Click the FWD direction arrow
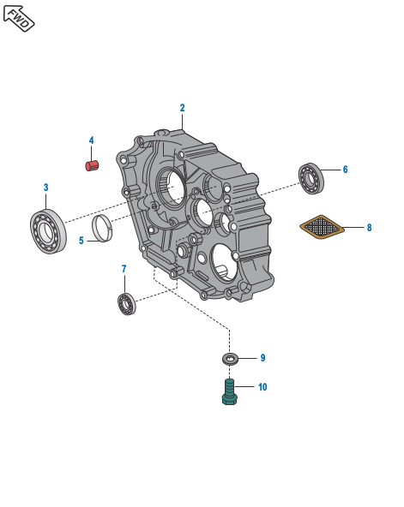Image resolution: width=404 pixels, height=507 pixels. [x=19, y=18]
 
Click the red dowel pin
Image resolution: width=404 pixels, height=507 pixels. [x=93, y=165]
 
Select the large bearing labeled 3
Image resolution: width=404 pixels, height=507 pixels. [x=48, y=231]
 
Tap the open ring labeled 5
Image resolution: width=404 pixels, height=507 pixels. [x=102, y=229]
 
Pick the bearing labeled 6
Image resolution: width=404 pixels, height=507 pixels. [x=311, y=178]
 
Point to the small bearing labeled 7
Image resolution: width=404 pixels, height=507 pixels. [x=127, y=304]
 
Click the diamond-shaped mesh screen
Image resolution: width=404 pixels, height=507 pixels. [x=322, y=227]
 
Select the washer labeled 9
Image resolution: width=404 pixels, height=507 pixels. [x=230, y=358]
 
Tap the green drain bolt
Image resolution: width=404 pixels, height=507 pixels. [x=230, y=392]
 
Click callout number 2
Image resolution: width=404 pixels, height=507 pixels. [x=182, y=108]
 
